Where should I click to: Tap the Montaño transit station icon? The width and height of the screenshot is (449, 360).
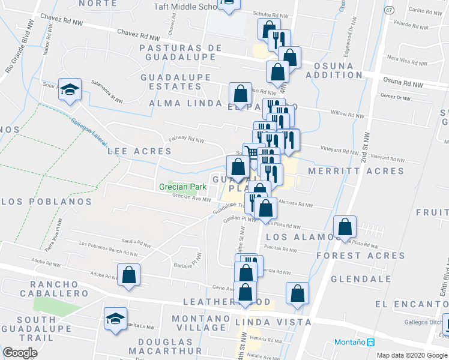(370, 343)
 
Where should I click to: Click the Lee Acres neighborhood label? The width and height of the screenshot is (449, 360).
(139, 151)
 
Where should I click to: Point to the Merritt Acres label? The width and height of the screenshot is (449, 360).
(356, 171)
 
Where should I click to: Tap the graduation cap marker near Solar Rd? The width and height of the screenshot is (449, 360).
(70, 91)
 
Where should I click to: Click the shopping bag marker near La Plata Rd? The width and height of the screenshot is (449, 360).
(345, 227)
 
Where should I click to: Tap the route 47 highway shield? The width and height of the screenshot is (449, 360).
(390, 11)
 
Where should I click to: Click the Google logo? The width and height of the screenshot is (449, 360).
(20, 353)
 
